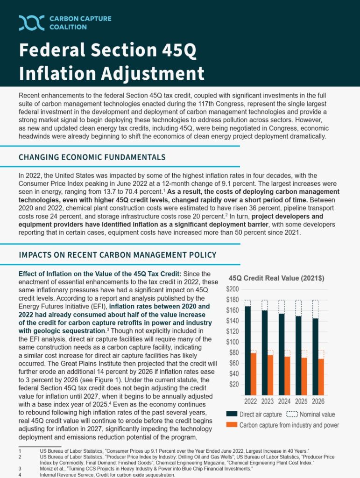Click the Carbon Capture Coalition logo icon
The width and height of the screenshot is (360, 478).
click(32, 22)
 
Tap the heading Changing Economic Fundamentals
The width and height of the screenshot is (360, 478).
click(92, 157)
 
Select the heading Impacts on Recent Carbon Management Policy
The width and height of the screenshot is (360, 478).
click(117, 255)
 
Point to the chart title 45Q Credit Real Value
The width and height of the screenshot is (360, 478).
click(276, 278)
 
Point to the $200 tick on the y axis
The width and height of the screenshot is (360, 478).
click(233, 289)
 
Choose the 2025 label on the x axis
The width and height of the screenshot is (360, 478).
click(301, 401)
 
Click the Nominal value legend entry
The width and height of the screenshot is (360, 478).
click(311, 414)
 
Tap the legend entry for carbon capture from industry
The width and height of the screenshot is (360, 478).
click(282, 425)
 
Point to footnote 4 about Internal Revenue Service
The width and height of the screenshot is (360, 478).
click(107, 474)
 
